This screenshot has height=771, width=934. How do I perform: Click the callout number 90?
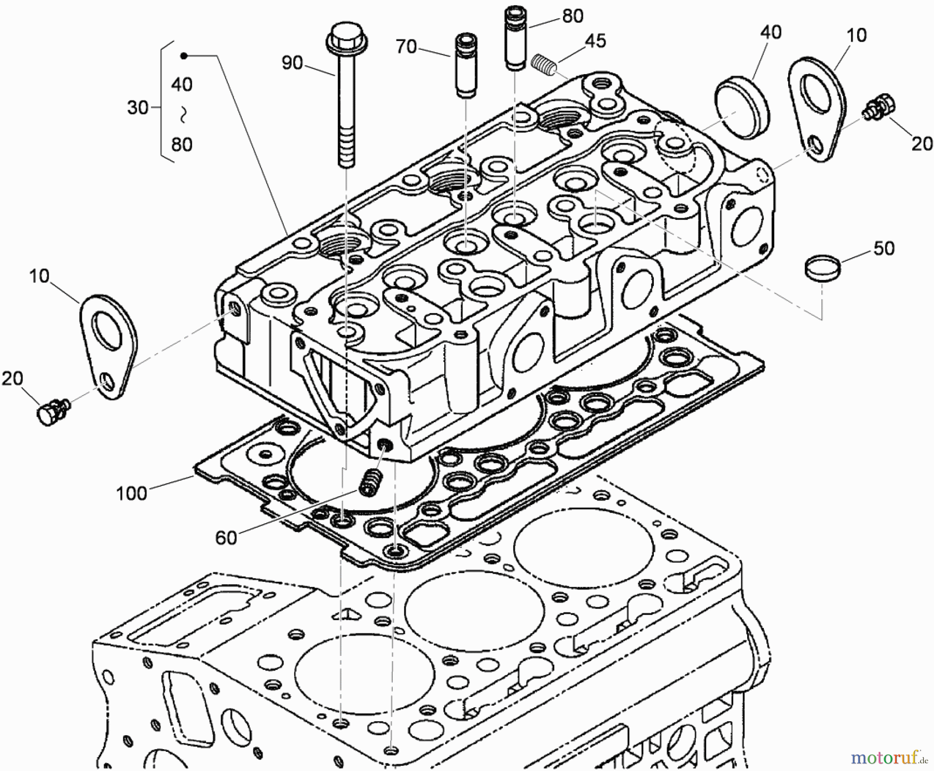pyautogui.click(x=292, y=63)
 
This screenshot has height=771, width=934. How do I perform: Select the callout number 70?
pyautogui.click(x=406, y=47)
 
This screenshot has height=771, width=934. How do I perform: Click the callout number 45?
pyautogui.click(x=596, y=40)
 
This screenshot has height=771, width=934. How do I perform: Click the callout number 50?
pyautogui.click(x=884, y=248)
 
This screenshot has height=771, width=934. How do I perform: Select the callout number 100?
pyautogui.click(x=131, y=493)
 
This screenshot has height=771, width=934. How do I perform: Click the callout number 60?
pyautogui.click(x=226, y=538)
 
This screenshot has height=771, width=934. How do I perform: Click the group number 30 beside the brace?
pyautogui.click(x=138, y=107)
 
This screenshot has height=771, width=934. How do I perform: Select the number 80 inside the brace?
pyautogui.click(x=182, y=144)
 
